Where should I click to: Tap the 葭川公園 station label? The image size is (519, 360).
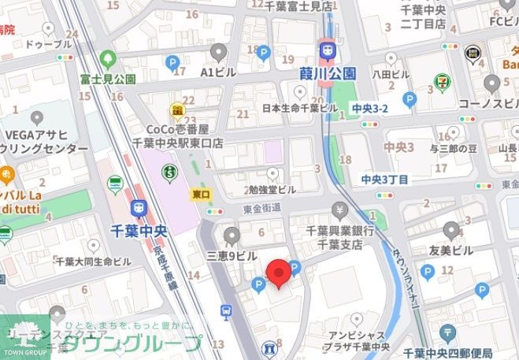327,73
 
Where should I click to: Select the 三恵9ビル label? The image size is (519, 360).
232,256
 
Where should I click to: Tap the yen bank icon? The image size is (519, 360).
340,210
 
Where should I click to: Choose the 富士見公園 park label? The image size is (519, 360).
107,79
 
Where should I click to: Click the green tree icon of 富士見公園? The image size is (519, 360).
108,60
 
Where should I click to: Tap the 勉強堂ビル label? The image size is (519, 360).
272,190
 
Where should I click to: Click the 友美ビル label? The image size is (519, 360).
451,251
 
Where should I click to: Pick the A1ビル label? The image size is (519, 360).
218,72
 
